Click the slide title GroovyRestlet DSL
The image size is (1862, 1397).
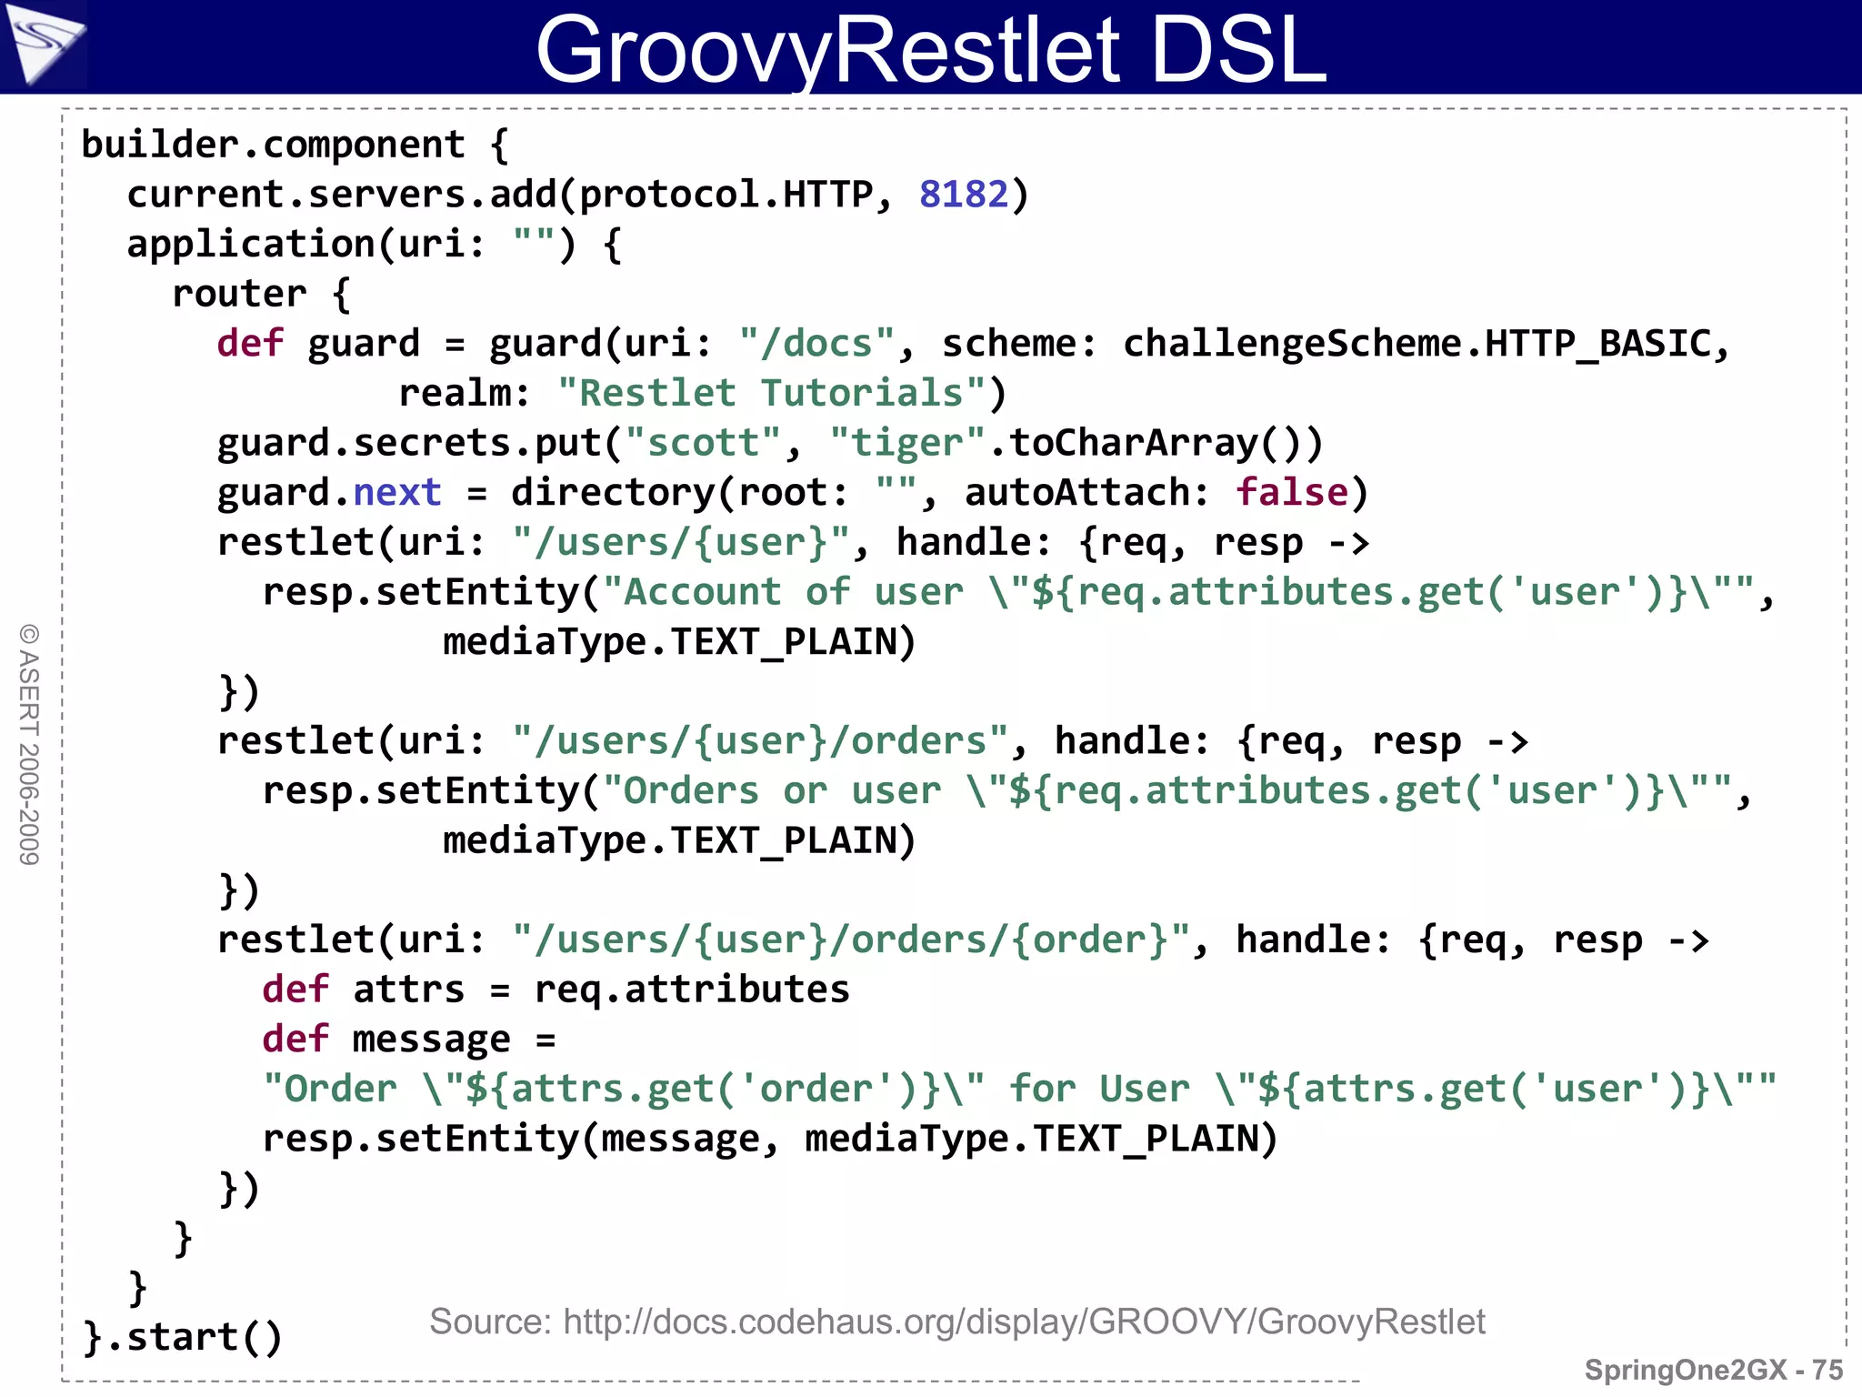(931, 49)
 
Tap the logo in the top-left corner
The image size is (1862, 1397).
(44, 44)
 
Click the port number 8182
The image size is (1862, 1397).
(964, 195)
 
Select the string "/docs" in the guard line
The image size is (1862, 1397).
(816, 344)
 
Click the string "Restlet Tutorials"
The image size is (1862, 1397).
(771, 394)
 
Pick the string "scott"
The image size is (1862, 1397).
(703, 444)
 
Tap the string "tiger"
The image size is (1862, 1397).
(906, 444)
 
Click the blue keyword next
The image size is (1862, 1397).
(396, 493)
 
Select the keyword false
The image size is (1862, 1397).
(1292, 493)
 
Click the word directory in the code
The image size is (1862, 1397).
(613, 493)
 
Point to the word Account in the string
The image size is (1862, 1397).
(702, 592)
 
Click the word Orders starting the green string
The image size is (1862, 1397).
(691, 791)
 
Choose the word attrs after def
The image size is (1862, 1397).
(408, 990)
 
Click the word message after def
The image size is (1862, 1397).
(431, 1040)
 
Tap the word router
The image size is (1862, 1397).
(239, 295)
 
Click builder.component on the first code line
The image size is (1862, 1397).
(273, 146)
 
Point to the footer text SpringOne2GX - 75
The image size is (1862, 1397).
(1713, 1370)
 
